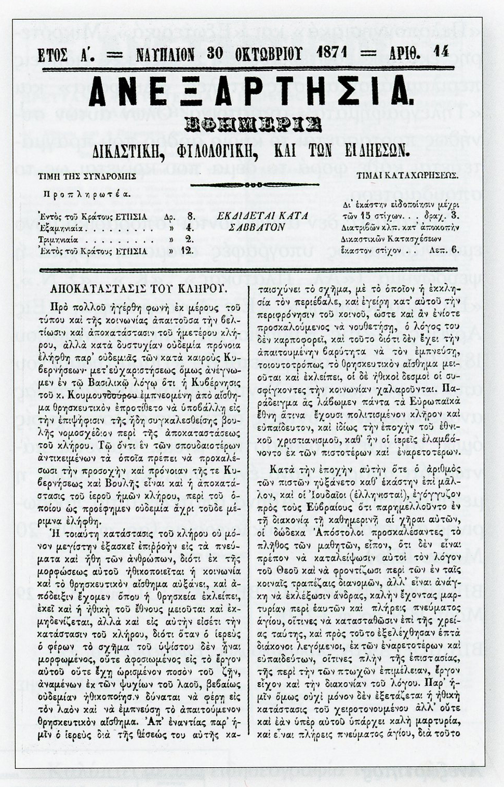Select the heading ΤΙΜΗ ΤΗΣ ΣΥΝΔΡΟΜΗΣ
pos(87,176)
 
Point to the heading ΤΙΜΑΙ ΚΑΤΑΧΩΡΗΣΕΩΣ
pos(407,175)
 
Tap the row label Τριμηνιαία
pos(58,239)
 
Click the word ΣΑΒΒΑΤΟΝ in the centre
pos(262,227)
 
